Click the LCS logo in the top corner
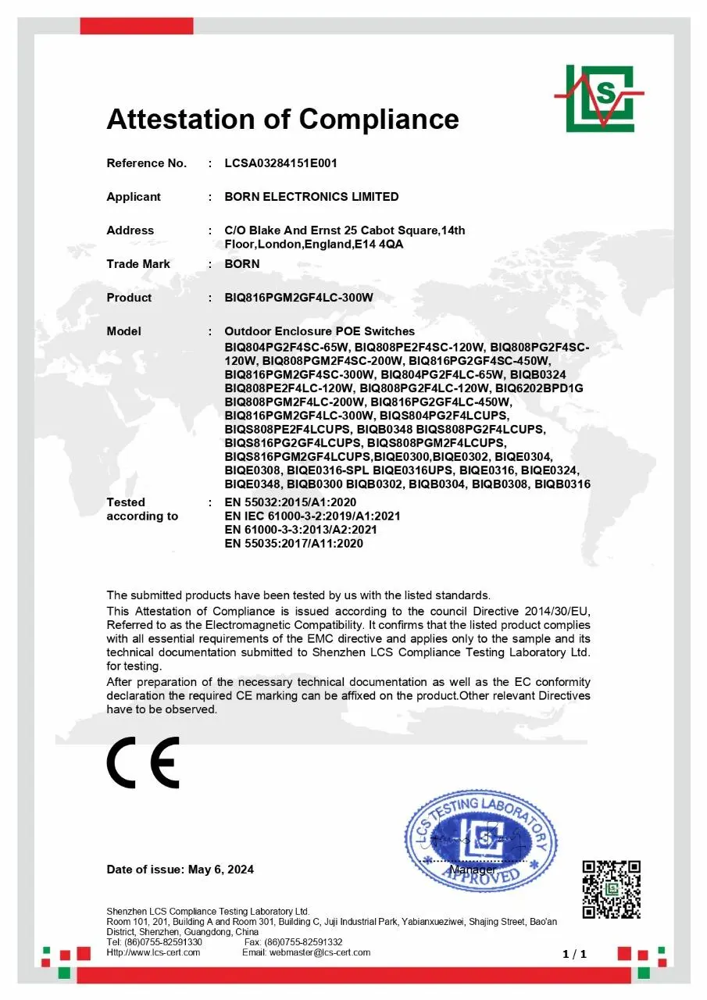[x=599, y=98]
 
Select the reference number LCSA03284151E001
[x=280, y=163]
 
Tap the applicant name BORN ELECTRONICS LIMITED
[x=312, y=197]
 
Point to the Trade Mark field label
[x=138, y=264]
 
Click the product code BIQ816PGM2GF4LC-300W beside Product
[x=299, y=298]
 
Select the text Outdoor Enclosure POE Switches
[x=320, y=331]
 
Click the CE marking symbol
[x=143, y=762]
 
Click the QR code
[x=612, y=889]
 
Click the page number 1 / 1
[x=574, y=954]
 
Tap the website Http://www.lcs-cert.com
[x=153, y=952]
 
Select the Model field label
[x=123, y=331]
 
